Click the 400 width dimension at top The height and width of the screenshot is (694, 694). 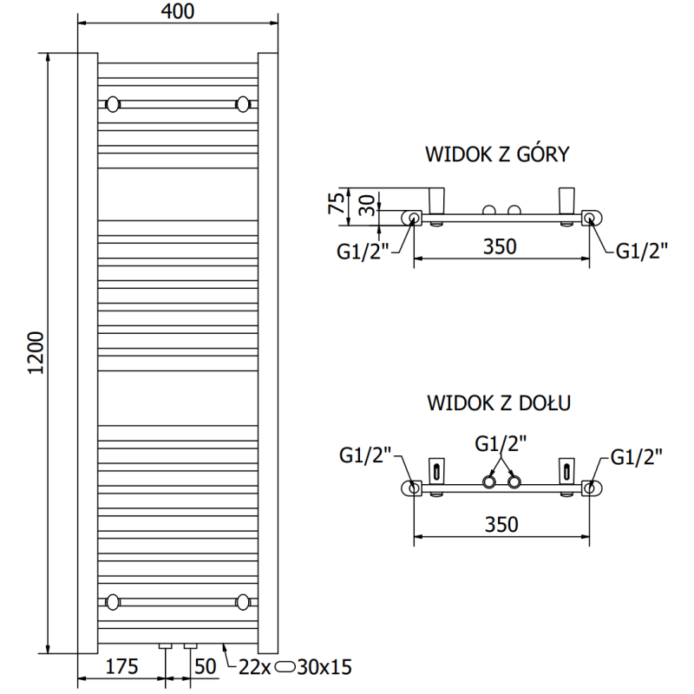click(x=177, y=11)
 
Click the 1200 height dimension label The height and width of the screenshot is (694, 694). click(x=36, y=353)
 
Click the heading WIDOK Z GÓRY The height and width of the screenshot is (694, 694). click(x=496, y=155)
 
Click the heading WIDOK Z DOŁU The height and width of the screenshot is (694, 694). click(x=496, y=403)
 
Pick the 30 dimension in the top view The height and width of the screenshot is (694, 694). click(x=368, y=206)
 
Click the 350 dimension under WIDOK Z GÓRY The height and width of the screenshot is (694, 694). click(x=501, y=246)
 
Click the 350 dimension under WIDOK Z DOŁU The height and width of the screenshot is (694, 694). click(x=501, y=524)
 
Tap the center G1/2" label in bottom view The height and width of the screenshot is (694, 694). click(x=501, y=443)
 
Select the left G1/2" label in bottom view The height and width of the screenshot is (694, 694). click(x=366, y=455)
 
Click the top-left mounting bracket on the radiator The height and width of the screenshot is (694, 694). click(x=113, y=105)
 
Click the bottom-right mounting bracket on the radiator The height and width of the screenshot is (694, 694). click(x=242, y=600)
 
